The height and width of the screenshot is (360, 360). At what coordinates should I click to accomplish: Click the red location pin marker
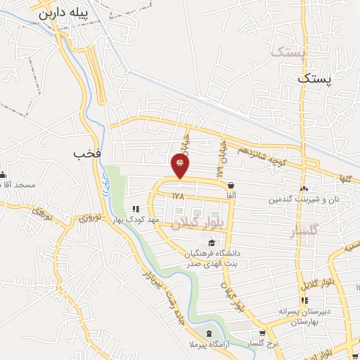click(181, 165)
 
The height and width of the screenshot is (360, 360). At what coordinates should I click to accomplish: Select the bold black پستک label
click(313, 79)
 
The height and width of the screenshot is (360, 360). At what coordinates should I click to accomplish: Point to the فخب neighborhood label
click(84, 152)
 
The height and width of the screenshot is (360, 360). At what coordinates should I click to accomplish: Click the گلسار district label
click(304, 231)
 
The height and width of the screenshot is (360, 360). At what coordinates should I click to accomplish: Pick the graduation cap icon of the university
click(212, 243)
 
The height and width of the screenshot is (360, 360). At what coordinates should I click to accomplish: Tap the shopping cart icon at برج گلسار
click(262, 333)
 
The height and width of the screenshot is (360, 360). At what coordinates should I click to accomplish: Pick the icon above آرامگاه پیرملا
click(208, 333)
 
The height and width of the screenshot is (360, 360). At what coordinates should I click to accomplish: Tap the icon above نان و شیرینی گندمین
click(303, 188)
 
